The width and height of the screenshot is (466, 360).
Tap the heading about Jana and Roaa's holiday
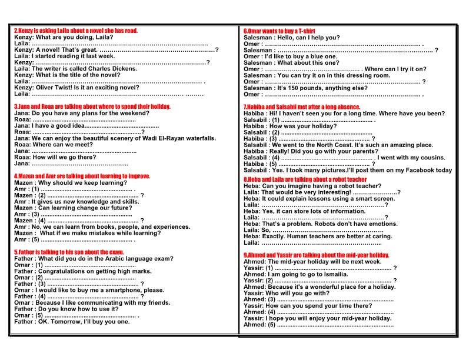coord(93,106)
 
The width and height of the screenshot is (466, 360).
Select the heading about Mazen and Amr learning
coord(82,176)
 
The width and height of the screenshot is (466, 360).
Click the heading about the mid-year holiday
coord(316,255)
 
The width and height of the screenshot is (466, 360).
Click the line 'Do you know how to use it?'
coord(76,309)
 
